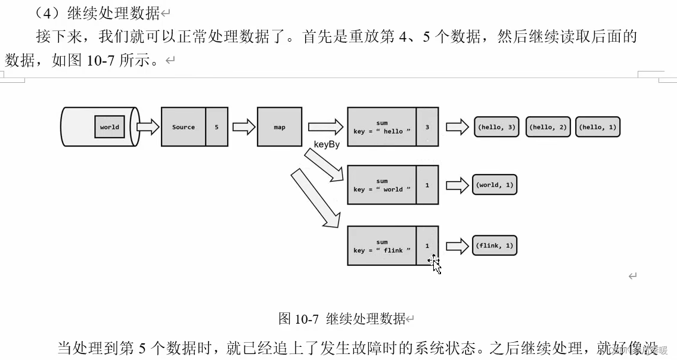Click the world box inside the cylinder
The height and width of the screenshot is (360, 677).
tap(110, 127)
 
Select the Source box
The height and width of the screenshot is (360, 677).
tap(184, 127)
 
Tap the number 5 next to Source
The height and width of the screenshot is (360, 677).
tap(216, 127)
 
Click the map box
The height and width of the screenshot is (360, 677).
tap(280, 127)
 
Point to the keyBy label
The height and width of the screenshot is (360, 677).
tap(327, 145)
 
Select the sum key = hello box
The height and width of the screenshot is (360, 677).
tap(381, 127)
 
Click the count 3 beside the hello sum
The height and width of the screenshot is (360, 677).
tap(427, 127)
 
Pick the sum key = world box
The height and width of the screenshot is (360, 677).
tap(381, 185)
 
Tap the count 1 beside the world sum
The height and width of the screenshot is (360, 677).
tap(427, 185)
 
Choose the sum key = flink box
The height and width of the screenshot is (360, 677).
tap(381, 246)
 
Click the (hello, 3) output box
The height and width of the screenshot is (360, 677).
tap(496, 127)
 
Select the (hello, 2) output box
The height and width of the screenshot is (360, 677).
tap(548, 127)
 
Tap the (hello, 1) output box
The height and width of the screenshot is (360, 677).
tap(598, 127)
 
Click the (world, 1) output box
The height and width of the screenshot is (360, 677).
tap(494, 185)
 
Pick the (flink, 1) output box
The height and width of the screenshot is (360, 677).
tap(494, 246)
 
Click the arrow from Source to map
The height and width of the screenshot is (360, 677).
tap(243, 127)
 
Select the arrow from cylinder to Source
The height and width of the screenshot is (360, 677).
tap(148, 127)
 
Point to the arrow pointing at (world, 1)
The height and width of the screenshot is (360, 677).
tap(457, 185)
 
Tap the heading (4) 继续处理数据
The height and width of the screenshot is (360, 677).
tap(98, 13)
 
